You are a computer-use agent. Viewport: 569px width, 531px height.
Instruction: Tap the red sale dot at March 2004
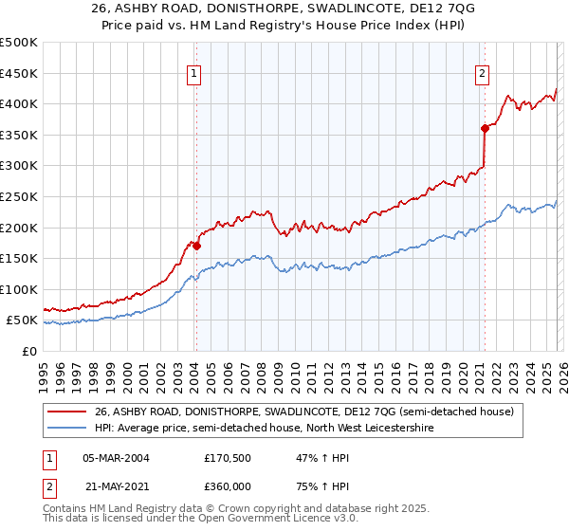pos(196,245)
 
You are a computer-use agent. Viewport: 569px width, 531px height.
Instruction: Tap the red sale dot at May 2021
pos(485,127)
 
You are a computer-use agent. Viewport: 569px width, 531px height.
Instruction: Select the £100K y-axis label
pos(19,289)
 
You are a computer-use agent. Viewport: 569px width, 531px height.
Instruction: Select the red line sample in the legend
pos(67,412)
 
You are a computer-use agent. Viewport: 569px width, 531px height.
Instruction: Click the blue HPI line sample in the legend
pos(67,428)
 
